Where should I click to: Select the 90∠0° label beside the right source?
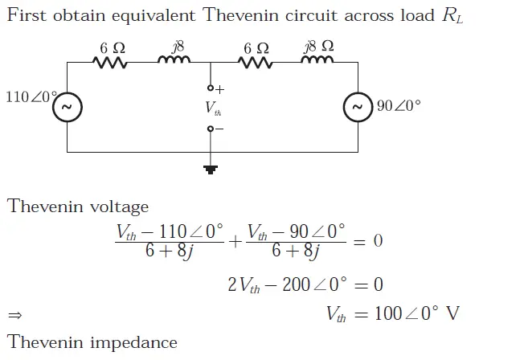pos(399,106)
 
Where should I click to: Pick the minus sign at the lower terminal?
pos(219,129)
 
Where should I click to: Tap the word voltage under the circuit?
pos(117,207)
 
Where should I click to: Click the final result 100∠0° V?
pos(418,313)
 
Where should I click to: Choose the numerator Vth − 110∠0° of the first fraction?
pos(170,232)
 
